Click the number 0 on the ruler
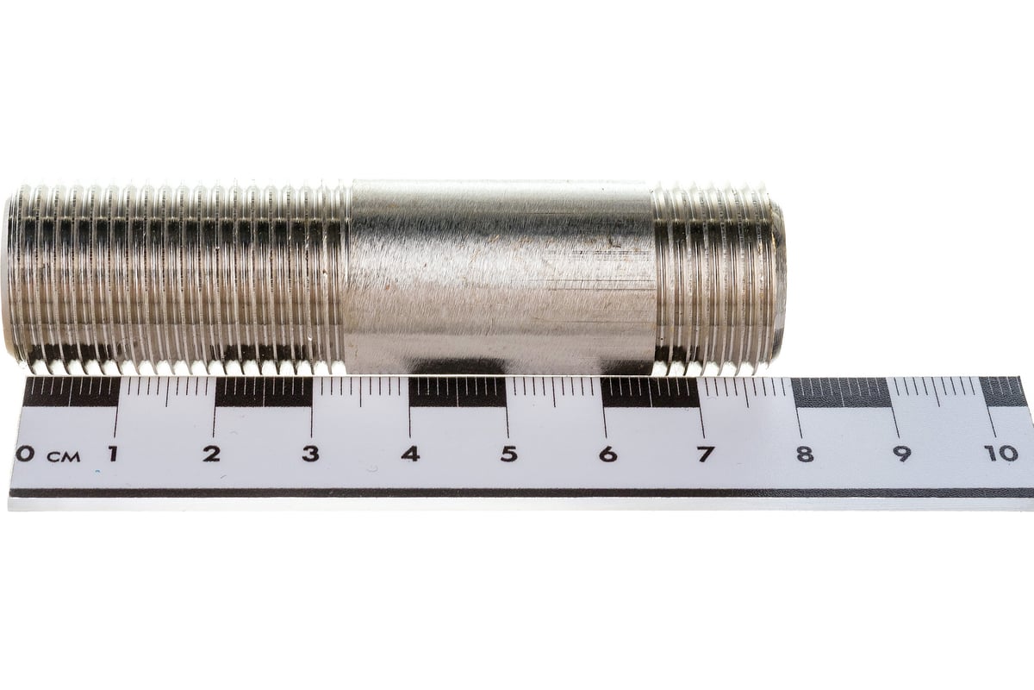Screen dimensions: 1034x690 (x=24, y=454)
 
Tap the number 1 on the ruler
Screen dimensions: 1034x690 (x=112, y=454)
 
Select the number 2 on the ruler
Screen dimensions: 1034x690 (x=212, y=454)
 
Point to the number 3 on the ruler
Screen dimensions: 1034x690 (x=311, y=454)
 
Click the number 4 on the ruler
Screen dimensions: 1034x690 (x=410, y=454)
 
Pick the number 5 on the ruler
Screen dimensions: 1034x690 (x=509, y=454)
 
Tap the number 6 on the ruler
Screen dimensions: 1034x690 (x=608, y=454)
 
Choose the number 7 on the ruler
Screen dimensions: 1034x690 (x=706, y=454)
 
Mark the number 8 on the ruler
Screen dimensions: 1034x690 (x=805, y=454)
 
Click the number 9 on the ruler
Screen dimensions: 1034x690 (x=902, y=454)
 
